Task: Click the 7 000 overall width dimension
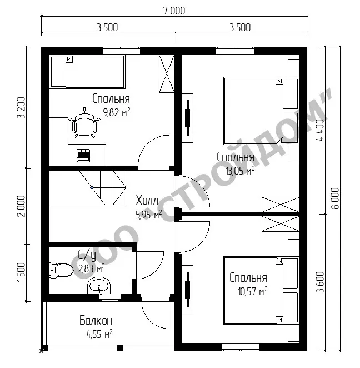click(174, 11)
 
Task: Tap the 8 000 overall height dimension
click(336, 198)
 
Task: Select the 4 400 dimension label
click(320, 130)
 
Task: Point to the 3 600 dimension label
click(320, 282)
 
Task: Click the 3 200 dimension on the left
click(21, 108)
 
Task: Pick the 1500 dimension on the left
click(21, 272)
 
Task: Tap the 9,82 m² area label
click(117, 113)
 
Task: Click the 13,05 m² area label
click(240, 171)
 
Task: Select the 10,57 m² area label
click(252, 291)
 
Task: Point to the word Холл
click(147, 201)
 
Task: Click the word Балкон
click(96, 321)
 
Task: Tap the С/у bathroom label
click(87, 256)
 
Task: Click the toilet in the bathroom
click(61, 270)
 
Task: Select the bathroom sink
click(99, 286)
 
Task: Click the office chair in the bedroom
click(84, 123)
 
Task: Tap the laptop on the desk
click(83, 155)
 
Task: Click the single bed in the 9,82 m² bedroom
click(87, 72)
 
